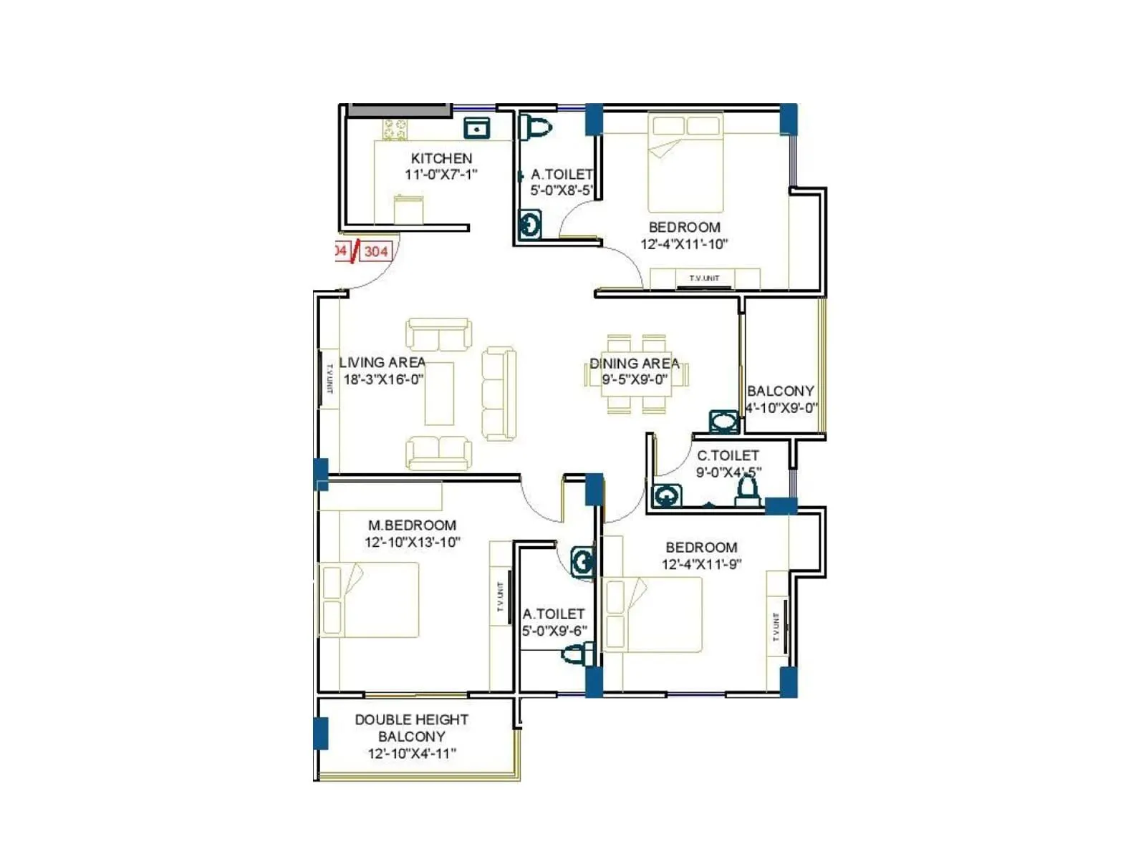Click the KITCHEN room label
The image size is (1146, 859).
point(441,158)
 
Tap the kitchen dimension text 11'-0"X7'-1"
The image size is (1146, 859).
point(440,175)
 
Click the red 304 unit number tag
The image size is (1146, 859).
point(376,251)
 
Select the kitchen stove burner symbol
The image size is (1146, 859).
point(395,130)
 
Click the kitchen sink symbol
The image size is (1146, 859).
point(476,127)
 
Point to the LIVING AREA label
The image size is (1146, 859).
point(382,362)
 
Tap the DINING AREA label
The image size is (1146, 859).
point(634,363)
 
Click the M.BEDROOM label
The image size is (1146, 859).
point(412,525)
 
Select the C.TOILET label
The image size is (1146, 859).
point(728,455)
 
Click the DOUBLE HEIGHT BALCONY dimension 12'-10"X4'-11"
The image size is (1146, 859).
point(412,753)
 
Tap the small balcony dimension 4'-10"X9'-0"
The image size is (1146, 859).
point(781,408)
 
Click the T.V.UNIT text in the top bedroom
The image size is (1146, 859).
point(704,278)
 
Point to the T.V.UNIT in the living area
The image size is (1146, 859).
point(329,379)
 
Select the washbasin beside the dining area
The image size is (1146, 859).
point(723,422)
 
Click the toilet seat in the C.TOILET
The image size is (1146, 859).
point(748,490)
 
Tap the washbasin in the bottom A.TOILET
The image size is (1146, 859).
point(582,562)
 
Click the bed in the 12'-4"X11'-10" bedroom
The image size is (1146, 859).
point(685,163)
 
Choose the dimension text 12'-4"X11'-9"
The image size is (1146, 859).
point(700,564)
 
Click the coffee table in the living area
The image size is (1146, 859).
point(439,394)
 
